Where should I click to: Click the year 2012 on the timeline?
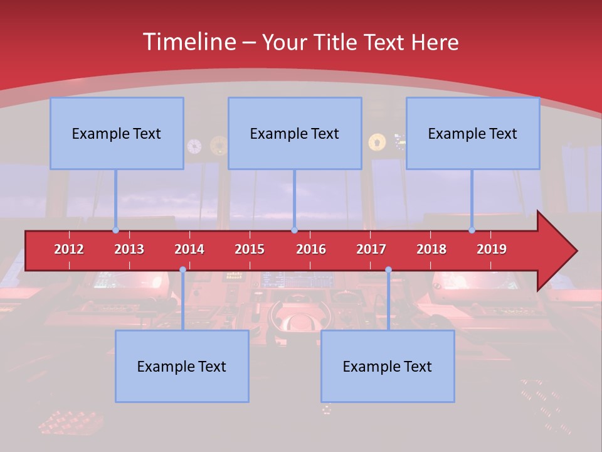69,249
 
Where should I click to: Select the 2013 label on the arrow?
129,249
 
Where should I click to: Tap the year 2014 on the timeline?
189,249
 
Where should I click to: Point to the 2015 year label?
250,249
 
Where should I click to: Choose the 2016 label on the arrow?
311,249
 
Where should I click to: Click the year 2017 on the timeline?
371,249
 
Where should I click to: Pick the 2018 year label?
431,249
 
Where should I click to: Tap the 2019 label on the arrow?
492,249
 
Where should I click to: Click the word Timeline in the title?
188,42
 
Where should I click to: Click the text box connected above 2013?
117,133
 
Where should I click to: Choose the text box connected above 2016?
295,133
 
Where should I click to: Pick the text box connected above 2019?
473,133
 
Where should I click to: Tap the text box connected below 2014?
182,366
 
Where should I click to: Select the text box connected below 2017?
388,366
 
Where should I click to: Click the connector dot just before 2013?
115,230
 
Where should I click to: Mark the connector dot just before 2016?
294,230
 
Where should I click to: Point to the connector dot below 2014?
182,269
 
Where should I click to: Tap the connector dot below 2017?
388,269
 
